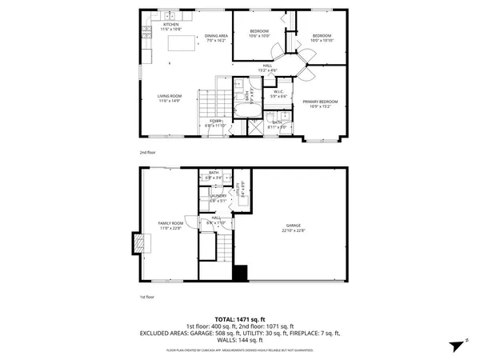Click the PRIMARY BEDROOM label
(320, 103)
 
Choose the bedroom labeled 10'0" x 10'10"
(322, 37)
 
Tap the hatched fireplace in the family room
(141, 242)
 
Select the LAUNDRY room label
(218, 197)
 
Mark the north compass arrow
(454, 345)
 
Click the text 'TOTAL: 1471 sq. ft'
(240, 318)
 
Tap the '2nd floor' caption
(146, 150)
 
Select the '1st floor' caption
(146, 295)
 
